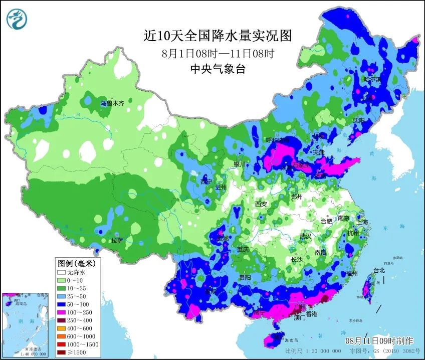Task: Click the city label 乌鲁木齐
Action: click(x=112, y=104)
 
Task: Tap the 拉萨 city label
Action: click(x=117, y=240)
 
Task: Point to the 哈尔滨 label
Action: click(x=372, y=79)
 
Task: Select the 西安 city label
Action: click(x=261, y=204)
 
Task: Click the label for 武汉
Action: click(x=305, y=236)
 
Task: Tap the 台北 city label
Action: click(x=379, y=271)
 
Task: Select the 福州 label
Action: click(x=351, y=274)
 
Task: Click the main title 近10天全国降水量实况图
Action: click(x=218, y=36)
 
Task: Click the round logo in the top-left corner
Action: click(x=17, y=18)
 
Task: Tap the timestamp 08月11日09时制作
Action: click(x=379, y=340)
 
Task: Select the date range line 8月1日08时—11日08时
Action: click(x=218, y=53)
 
